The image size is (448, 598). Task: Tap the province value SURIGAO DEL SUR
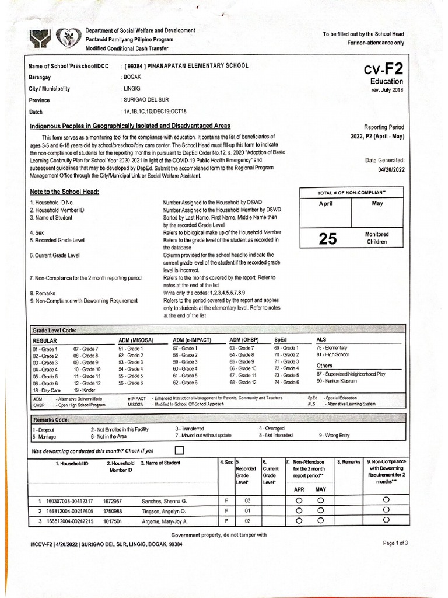point(144,100)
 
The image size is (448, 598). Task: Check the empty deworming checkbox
point(179,450)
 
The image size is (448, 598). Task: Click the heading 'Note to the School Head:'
point(64,192)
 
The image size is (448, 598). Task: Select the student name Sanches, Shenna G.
point(164,501)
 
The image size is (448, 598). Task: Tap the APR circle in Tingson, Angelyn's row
point(299,511)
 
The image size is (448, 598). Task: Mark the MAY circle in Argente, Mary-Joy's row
point(320,521)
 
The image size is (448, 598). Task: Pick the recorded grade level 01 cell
point(247,511)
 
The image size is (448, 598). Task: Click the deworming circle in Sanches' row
point(386,500)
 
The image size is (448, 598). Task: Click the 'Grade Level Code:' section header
point(54,330)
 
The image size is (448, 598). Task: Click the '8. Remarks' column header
point(349,462)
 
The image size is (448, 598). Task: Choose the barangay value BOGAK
point(132,77)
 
